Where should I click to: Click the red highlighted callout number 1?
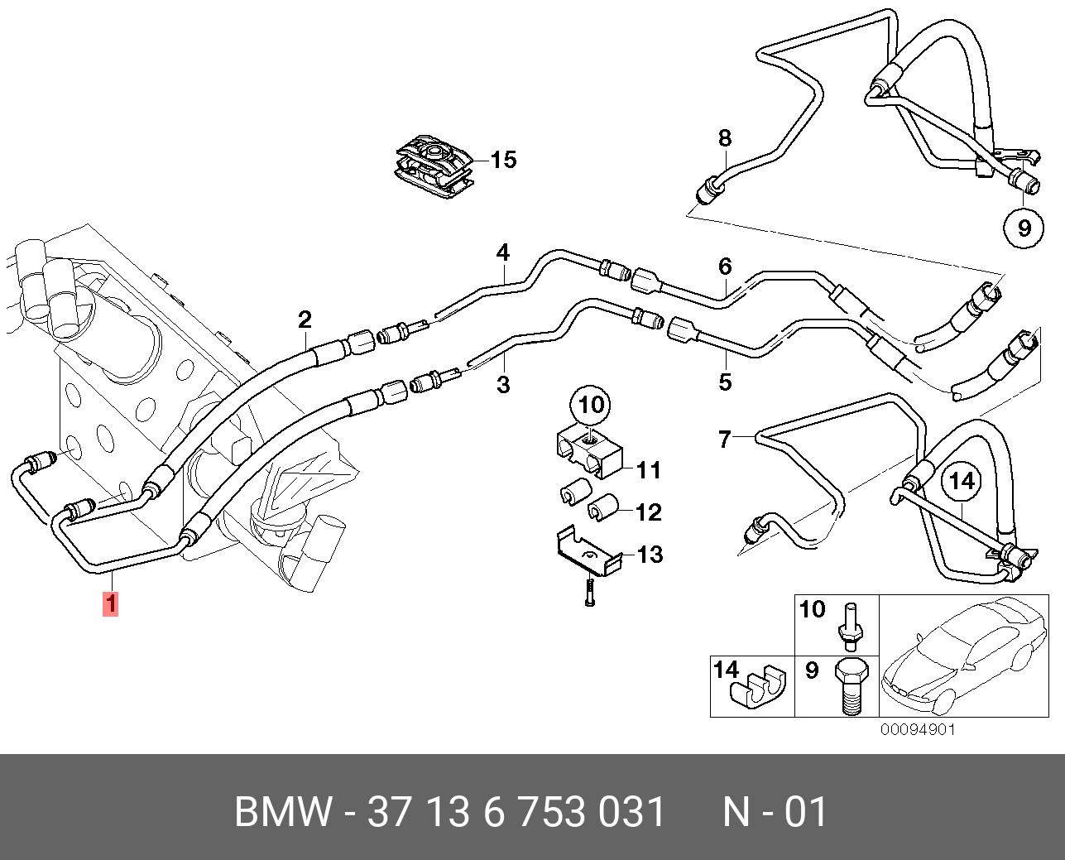111,603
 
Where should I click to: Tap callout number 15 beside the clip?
503,160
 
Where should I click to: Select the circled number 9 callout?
1024,228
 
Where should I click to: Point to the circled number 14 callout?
962,481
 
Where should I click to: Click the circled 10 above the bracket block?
591,405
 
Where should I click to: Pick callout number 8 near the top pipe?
725,138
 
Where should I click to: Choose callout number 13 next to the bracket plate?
650,555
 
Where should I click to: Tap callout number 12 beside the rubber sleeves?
649,512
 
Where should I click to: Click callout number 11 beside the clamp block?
649,470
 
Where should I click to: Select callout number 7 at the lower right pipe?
725,439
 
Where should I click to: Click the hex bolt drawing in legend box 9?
852,687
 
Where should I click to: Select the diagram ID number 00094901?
918,729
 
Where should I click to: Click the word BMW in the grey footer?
283,813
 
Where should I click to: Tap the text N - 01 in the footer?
775,813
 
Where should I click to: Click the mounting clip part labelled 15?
434,166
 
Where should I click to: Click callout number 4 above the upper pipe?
503,253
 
